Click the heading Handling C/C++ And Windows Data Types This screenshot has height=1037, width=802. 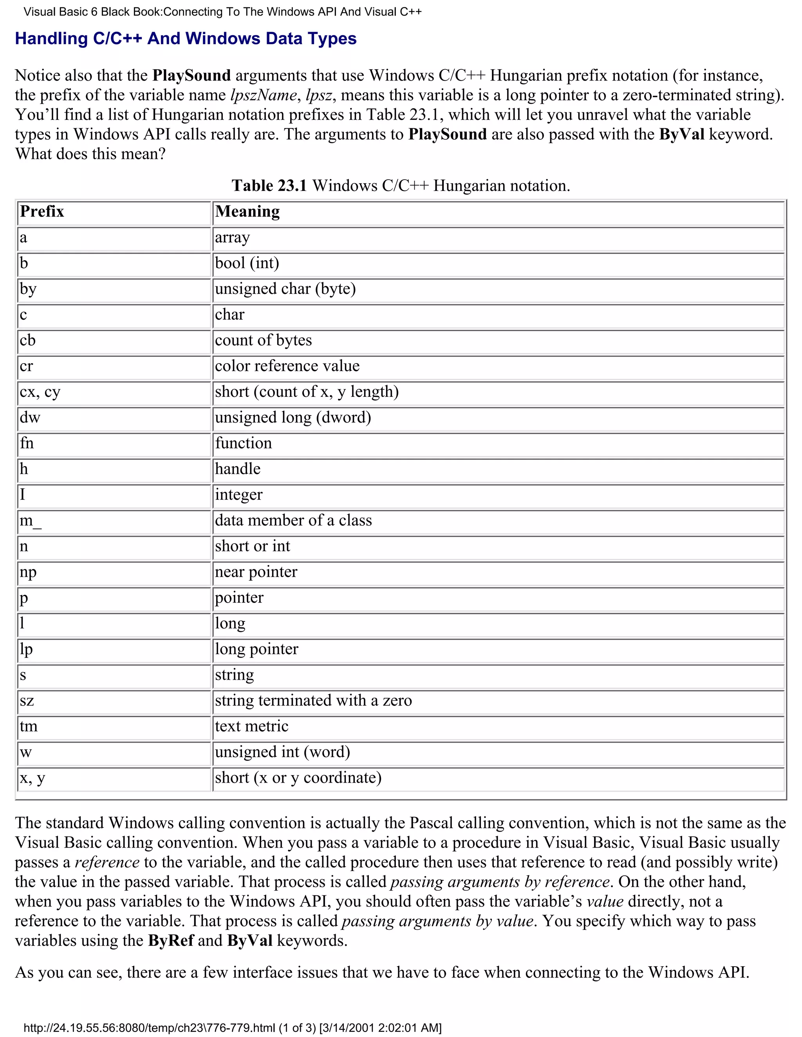point(185,38)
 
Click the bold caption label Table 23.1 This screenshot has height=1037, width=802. point(269,185)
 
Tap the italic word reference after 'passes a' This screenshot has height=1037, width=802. point(107,862)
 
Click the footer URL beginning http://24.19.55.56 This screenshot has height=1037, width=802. point(232,1028)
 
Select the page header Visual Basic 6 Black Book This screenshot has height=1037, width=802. point(222,12)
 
